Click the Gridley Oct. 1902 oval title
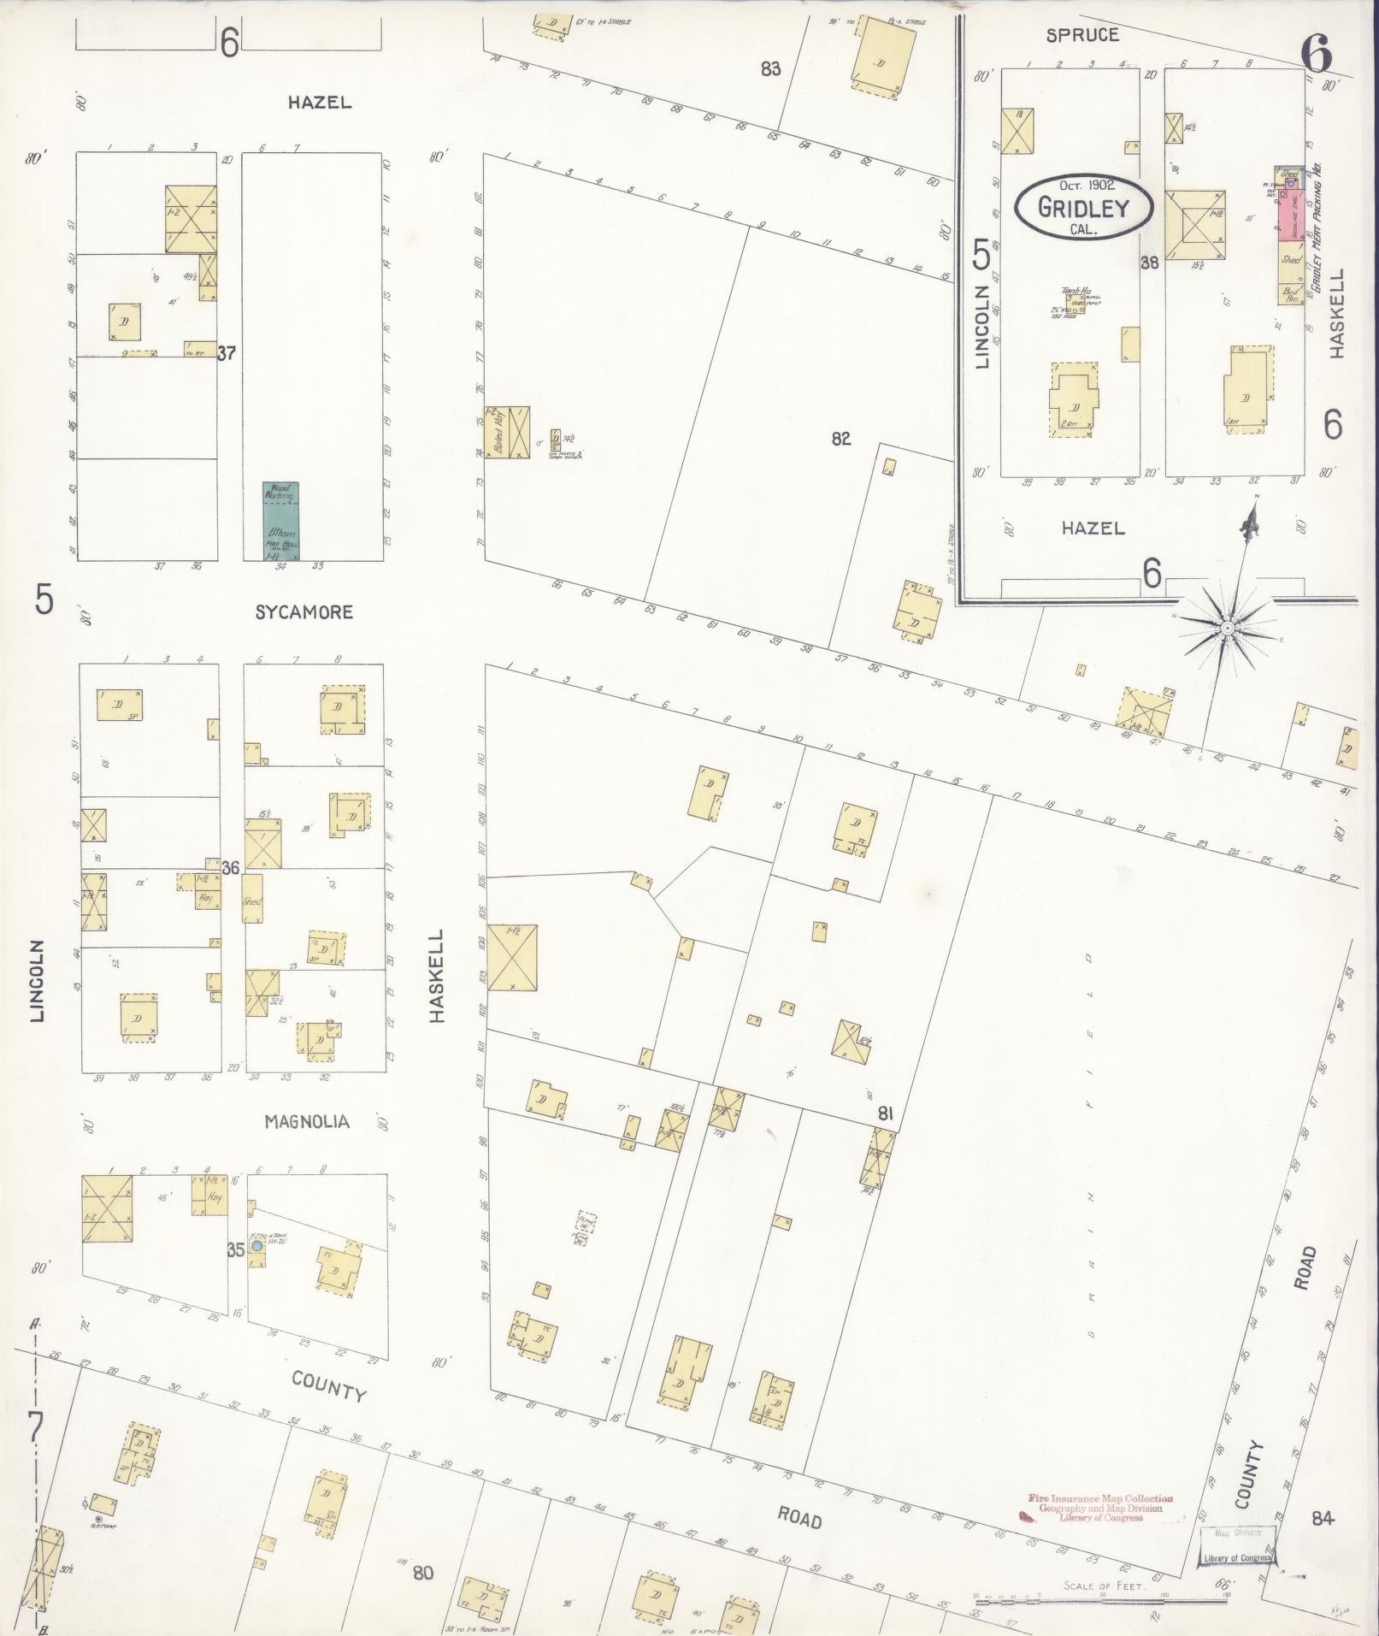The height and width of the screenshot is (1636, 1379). pyautogui.click(x=1083, y=206)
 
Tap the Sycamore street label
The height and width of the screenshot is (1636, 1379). pyautogui.click(x=303, y=612)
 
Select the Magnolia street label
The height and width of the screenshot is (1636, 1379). pyautogui.click(x=307, y=1121)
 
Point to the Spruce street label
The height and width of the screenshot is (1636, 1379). pyautogui.click(x=1081, y=35)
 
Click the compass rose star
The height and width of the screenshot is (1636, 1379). pyautogui.click(x=1227, y=629)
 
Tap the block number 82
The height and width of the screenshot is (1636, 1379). pyautogui.click(x=840, y=439)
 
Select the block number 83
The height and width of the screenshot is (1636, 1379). pyautogui.click(x=771, y=69)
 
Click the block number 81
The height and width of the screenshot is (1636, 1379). pyautogui.click(x=885, y=1113)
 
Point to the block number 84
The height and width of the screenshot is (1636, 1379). pyautogui.click(x=1322, y=1518)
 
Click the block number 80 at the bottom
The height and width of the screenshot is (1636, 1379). pyautogui.click(x=423, y=1573)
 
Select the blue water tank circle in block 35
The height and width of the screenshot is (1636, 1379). pyautogui.click(x=256, y=1247)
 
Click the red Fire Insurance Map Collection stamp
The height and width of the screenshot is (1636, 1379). pyautogui.click(x=1100, y=1508)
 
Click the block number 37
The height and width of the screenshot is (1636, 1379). pyautogui.click(x=226, y=352)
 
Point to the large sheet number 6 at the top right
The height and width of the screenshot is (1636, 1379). pyautogui.click(x=1317, y=56)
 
